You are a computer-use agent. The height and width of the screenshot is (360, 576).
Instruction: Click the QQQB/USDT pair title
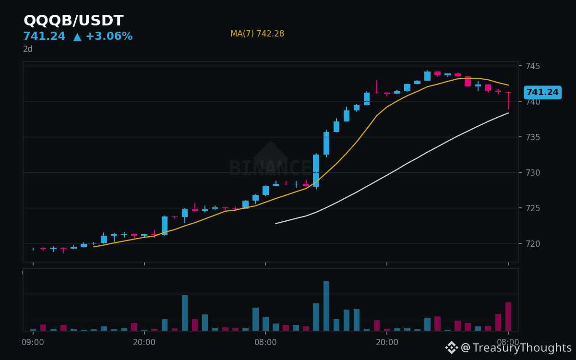point(73,21)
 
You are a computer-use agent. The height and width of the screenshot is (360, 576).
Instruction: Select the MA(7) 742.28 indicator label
point(257,34)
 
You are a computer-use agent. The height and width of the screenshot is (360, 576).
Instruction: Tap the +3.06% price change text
point(109,36)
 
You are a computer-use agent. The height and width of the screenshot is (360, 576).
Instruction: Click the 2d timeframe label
point(28,49)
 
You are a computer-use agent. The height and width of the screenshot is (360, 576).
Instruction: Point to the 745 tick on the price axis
point(533,66)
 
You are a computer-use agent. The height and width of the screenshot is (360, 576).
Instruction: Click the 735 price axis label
point(533,137)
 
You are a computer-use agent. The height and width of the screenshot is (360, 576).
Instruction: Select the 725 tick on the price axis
point(533,208)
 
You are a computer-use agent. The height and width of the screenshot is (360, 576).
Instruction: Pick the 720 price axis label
point(533,244)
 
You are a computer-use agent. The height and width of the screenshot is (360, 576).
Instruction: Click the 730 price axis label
point(533,173)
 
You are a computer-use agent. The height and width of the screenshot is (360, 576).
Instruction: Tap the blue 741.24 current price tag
point(542,92)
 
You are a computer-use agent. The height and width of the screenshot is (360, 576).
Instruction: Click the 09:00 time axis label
point(33,342)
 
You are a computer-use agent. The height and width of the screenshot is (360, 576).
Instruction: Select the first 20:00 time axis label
point(144,342)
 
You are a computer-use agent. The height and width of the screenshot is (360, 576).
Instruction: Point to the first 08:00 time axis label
point(265,342)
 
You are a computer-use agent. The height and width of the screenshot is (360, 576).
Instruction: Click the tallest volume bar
point(326,306)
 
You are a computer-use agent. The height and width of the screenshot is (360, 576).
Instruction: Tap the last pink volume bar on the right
point(508,316)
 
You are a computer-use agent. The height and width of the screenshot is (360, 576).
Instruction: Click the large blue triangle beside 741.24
point(77,37)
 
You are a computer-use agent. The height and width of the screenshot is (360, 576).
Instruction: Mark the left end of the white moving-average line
point(276,224)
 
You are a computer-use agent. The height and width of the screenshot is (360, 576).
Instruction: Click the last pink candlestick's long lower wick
point(508,101)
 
